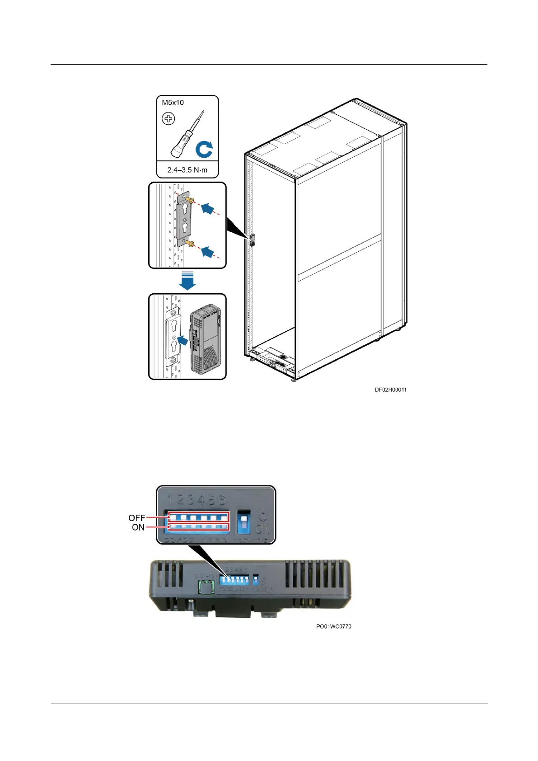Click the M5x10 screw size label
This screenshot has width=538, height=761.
pyautogui.click(x=173, y=103)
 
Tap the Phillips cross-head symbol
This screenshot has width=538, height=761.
pyautogui.click(x=168, y=119)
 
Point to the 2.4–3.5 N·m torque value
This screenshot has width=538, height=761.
pyautogui.click(x=187, y=170)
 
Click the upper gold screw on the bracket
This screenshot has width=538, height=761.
pyautogui.click(x=192, y=200)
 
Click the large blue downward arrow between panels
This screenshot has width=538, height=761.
pyautogui.click(x=187, y=281)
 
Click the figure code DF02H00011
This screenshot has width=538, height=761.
pyautogui.click(x=390, y=390)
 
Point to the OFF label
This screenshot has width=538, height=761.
pyautogui.click(x=136, y=518)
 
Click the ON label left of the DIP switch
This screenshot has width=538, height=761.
pyautogui.click(x=138, y=527)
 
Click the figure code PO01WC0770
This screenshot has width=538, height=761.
pyautogui.click(x=333, y=626)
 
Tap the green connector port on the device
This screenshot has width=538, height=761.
pyautogui.click(x=206, y=587)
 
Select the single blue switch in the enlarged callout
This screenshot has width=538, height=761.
pyautogui.click(x=243, y=522)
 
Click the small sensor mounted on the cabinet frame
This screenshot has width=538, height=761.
pyautogui.click(x=252, y=240)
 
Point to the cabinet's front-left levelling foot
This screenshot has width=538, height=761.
pyautogui.click(x=252, y=359)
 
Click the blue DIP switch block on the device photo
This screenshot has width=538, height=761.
pyautogui.click(x=234, y=579)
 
